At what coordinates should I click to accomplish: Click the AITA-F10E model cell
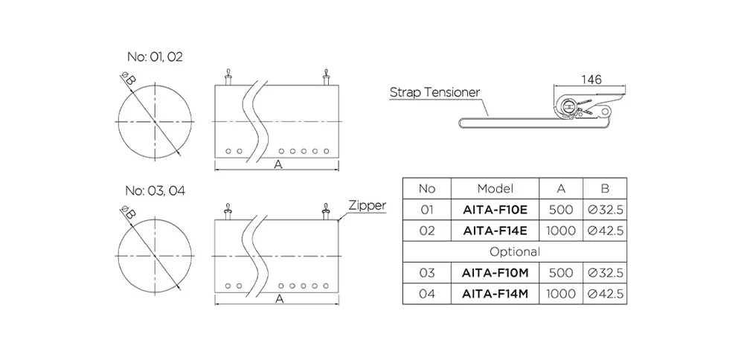[x=495, y=210]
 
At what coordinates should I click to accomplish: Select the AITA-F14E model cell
[x=495, y=231]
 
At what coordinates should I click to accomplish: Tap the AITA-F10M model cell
[x=495, y=273]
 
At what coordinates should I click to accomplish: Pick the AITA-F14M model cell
[x=495, y=295]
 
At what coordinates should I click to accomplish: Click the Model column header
[x=495, y=189]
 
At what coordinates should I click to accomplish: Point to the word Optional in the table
[x=514, y=252]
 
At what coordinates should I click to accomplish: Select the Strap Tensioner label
[x=435, y=93]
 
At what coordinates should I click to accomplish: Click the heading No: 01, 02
[x=154, y=57]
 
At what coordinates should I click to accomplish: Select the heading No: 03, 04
[x=155, y=190]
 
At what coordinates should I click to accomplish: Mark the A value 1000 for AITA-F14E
[x=561, y=231]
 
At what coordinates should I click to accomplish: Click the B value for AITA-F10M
[x=605, y=273]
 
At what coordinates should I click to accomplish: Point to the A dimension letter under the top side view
[x=278, y=165]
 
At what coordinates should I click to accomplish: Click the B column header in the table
[x=605, y=189]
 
